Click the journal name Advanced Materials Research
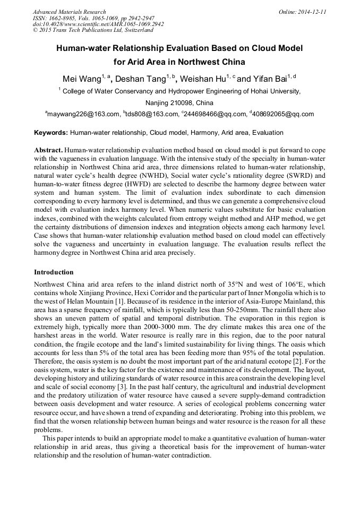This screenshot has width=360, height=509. [69, 12]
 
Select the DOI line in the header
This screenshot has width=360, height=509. [98, 24]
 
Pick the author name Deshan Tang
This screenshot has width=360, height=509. [141, 80]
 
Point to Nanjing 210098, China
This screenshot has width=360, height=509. [179, 103]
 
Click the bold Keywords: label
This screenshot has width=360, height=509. [51, 133]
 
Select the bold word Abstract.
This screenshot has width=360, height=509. [48, 151]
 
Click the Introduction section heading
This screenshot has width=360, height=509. [54, 272]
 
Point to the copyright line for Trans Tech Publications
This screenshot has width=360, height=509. [90, 30]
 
